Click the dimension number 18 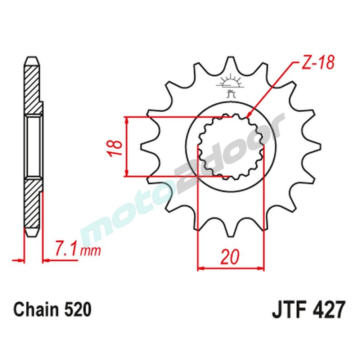tap(115, 147)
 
